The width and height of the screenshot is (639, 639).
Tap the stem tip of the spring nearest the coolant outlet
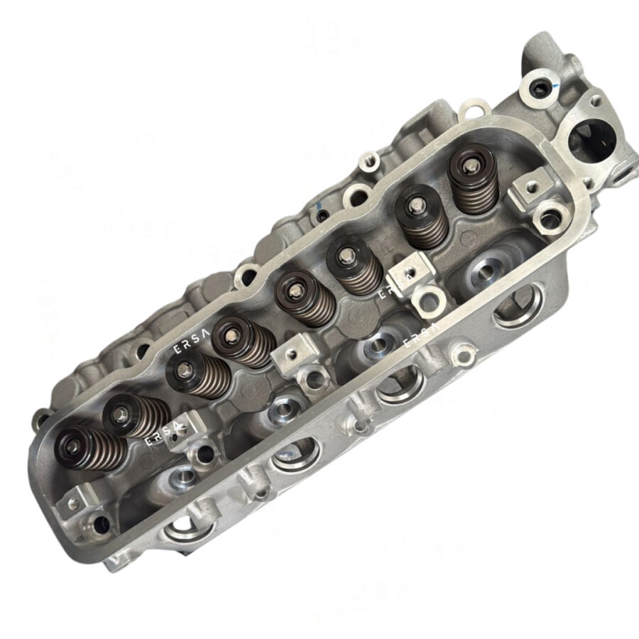tap(470, 165)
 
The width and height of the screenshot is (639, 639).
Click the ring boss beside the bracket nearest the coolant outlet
tap(550, 215)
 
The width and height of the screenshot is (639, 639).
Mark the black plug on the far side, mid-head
tap(322, 212)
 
